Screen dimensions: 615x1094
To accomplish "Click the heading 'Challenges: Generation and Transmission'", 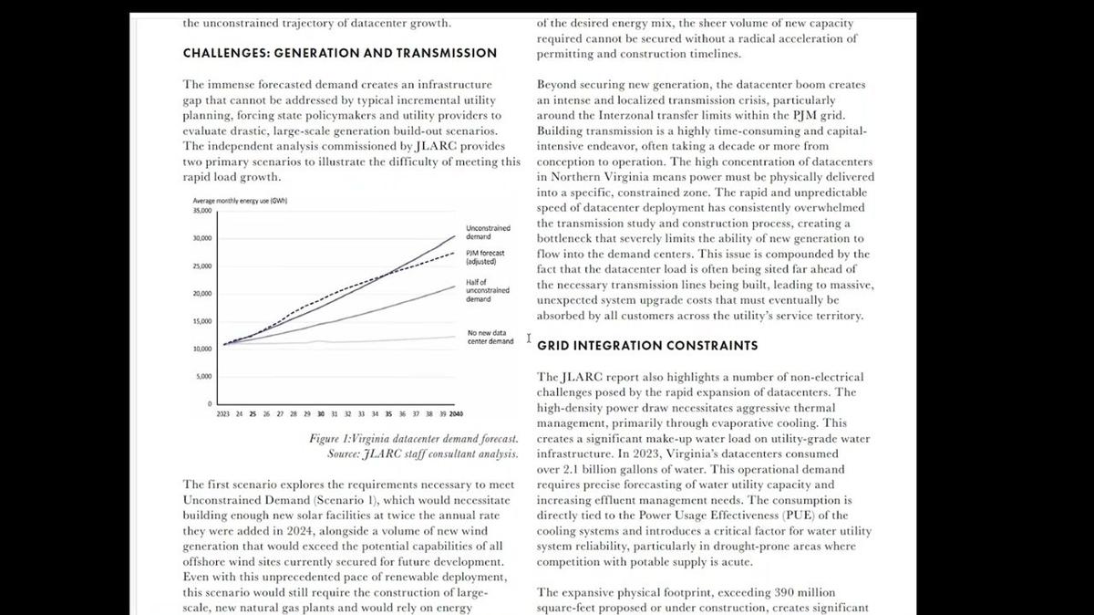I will click(340, 53).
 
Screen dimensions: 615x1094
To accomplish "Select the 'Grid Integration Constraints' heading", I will click(647, 346).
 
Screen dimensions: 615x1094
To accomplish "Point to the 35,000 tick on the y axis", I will click(201, 211).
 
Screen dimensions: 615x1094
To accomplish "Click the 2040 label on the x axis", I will click(456, 413).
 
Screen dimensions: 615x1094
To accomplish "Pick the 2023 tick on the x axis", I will click(223, 413).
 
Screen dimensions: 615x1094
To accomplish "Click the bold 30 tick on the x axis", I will click(321, 413).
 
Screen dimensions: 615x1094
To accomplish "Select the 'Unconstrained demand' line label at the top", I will click(488, 232).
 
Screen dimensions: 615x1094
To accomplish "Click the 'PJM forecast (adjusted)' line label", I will click(485, 257).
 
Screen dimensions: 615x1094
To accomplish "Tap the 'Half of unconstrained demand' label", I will click(488, 291).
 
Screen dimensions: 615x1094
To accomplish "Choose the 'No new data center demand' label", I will click(490, 338).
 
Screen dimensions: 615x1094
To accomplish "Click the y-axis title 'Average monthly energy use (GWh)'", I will click(241, 201).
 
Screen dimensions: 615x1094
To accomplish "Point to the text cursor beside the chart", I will click(529, 339).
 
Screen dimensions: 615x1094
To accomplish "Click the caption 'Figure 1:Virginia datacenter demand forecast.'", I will click(414, 439).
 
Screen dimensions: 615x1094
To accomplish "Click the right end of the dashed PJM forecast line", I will click(454, 253).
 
